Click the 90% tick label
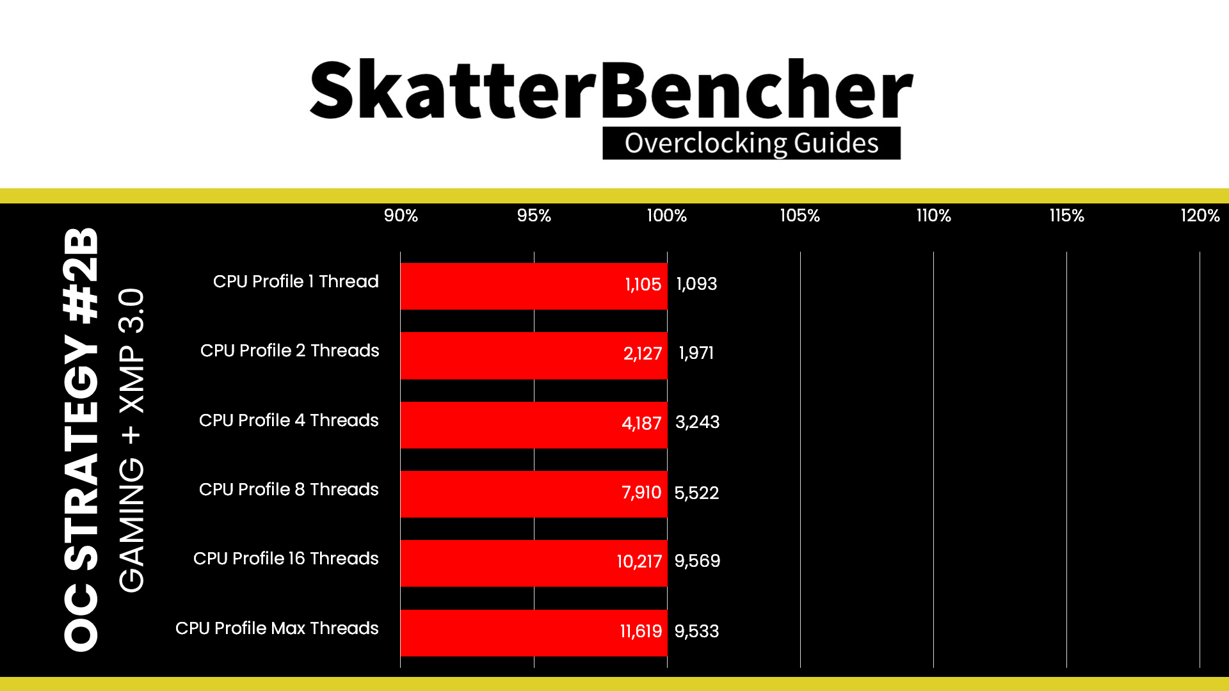pos(401,216)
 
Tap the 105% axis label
pos(799,216)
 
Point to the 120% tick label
pos(1200,216)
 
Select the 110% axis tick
pos(933,216)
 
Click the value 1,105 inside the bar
pos(643,285)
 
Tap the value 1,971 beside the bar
pos(696,353)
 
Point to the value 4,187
pos(641,424)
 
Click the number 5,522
pos(696,493)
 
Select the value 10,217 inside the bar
pos(639,562)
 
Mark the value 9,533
pos(696,631)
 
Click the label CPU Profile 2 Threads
pos(289,351)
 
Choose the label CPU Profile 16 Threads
pos(285,559)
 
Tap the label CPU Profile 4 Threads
pos(289,420)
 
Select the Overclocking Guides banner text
pos(751,143)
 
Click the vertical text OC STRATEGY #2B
pos(82,440)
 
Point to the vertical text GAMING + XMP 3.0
pos(132,440)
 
